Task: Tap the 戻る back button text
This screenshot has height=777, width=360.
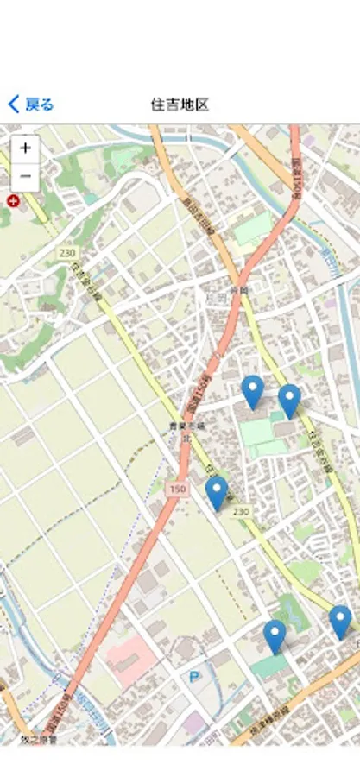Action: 40,104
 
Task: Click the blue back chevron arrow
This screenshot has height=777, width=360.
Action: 13,104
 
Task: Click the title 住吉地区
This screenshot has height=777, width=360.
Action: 180,104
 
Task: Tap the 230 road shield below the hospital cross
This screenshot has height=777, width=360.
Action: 68,252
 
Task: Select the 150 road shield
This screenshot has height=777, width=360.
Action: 177,490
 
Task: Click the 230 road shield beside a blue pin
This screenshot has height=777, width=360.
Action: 241,511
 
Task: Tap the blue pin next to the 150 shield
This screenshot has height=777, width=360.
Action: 217,493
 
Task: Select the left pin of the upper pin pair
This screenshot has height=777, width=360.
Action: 252,392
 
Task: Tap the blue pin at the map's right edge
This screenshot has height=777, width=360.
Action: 340,622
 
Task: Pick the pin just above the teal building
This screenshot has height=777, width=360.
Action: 275,636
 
